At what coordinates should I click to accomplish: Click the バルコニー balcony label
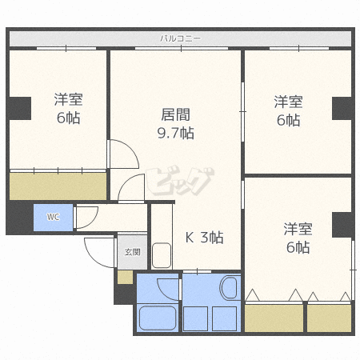180,38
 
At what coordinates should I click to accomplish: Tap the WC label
52,217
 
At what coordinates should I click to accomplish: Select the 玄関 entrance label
131,251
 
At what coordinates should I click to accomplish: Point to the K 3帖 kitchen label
204,237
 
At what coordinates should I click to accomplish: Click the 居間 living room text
176,114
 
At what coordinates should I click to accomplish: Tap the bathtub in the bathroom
158,318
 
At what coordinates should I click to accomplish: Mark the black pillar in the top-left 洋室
19,107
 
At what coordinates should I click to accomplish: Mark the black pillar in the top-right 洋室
342,107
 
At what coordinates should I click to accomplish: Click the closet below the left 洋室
58,186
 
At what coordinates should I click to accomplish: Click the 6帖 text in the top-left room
69,118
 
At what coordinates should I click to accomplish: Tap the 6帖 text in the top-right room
288,120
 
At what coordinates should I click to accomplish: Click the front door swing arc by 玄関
100,253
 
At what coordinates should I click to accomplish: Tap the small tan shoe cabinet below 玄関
124,277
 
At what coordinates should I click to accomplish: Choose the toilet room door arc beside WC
86,216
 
